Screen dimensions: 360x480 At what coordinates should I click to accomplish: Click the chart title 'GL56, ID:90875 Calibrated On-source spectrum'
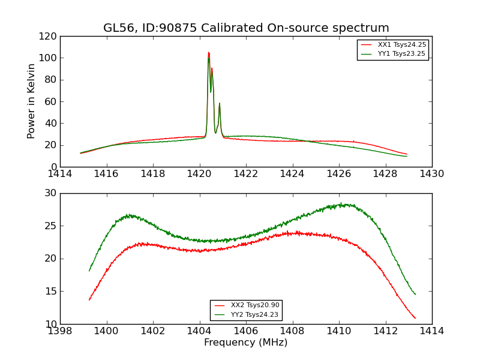tap(246, 28)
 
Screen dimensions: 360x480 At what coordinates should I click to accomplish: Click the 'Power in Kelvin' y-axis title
tap(32, 101)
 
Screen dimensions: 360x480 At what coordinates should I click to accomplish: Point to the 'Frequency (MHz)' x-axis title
tap(246, 343)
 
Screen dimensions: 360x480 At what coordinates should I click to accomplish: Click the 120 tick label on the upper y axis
tap(50, 37)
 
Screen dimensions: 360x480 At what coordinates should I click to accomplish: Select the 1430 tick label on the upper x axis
tap(432, 174)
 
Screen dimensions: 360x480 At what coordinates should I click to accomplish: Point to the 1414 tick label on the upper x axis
tap(60, 174)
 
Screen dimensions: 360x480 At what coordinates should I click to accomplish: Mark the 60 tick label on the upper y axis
tap(52, 102)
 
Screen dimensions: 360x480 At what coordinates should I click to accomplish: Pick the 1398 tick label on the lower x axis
tap(60, 331)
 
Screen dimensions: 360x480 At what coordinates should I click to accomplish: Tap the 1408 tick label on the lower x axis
tap(292, 331)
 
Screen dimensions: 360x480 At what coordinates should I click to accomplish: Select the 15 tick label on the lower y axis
tap(52, 292)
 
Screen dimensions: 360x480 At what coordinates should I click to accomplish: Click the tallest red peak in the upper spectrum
tap(208, 53)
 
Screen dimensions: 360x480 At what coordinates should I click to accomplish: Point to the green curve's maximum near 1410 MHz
tap(341, 204)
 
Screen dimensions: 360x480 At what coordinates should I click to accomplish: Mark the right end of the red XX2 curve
tap(415, 318)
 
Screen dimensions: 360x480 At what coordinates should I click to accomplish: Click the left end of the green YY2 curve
tap(89, 271)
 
